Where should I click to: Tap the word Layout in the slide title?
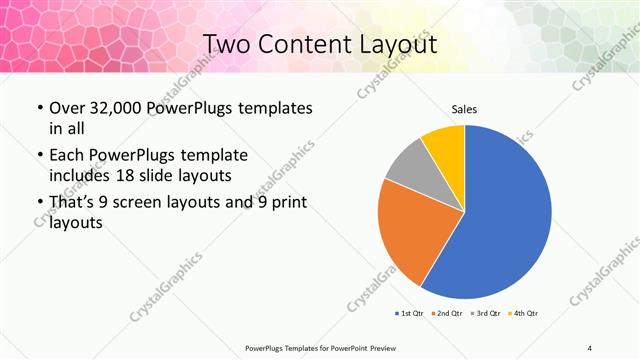click(x=400, y=44)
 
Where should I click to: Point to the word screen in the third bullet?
click(x=149, y=203)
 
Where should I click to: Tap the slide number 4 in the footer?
click(x=589, y=347)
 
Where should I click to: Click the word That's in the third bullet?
click(x=72, y=203)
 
